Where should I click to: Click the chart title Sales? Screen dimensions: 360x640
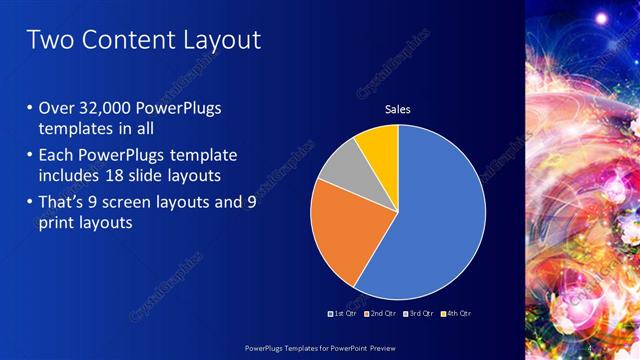pos(398,109)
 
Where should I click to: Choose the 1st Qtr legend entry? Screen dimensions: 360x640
pos(346,313)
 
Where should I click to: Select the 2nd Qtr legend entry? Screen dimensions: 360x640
pos(382,313)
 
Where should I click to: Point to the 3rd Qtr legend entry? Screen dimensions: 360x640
pos(418,313)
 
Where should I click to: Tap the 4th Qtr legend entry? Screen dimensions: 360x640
pos(455,313)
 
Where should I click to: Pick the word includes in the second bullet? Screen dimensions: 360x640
pos(75,176)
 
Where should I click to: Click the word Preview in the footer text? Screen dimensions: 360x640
pos(380,346)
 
